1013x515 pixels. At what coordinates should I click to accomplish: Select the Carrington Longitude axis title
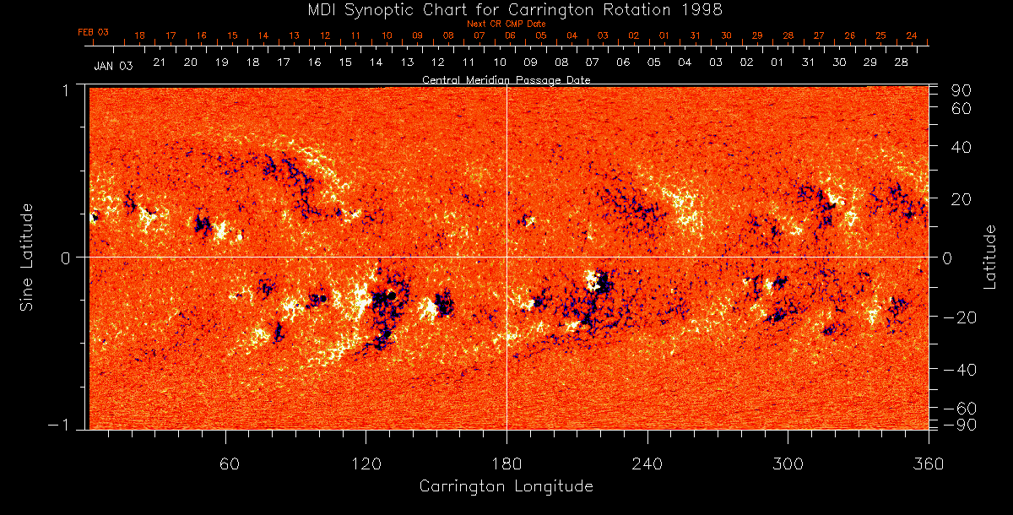[x=506, y=486]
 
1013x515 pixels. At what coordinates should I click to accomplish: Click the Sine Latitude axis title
[x=26, y=256]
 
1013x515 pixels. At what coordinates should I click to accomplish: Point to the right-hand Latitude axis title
[x=991, y=256]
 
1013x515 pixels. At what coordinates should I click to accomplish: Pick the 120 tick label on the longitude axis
[x=366, y=463]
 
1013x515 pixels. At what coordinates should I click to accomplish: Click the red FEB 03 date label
[x=94, y=32]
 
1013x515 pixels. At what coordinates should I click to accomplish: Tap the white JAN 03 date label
[x=113, y=65]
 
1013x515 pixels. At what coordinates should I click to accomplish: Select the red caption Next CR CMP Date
[x=506, y=24]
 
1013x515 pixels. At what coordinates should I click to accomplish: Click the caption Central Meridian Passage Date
[x=506, y=80]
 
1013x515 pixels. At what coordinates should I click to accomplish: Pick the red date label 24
[x=912, y=35]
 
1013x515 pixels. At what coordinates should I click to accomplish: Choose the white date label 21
[x=159, y=62]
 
